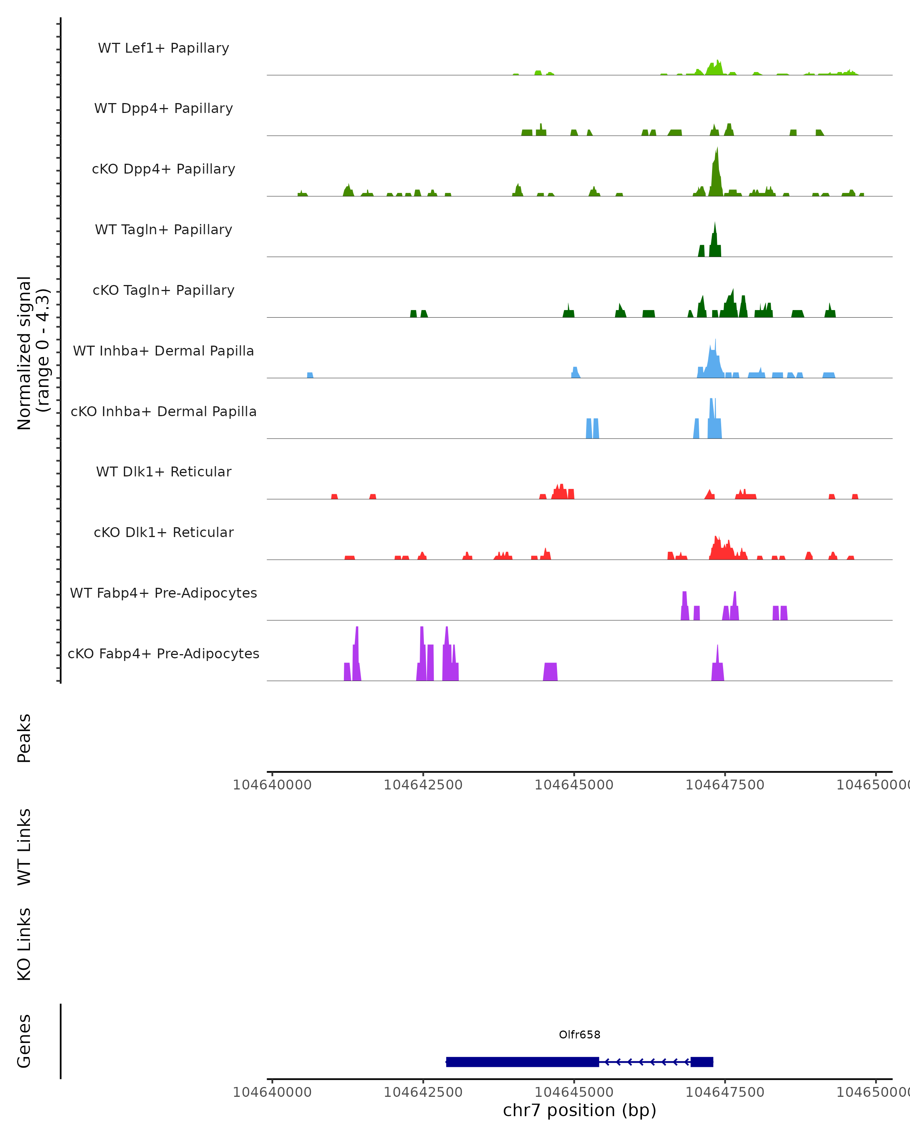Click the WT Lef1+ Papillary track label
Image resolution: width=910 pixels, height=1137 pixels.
pos(163,48)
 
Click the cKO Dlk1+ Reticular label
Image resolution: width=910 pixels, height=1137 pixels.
pos(163,532)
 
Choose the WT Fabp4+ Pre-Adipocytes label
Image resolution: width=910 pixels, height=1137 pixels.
pos(163,593)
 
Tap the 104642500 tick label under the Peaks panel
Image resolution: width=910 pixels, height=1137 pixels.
pos(422,785)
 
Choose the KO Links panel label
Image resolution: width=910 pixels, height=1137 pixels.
pos(24,944)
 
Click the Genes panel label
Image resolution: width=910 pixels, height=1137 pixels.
pos(24,1041)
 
